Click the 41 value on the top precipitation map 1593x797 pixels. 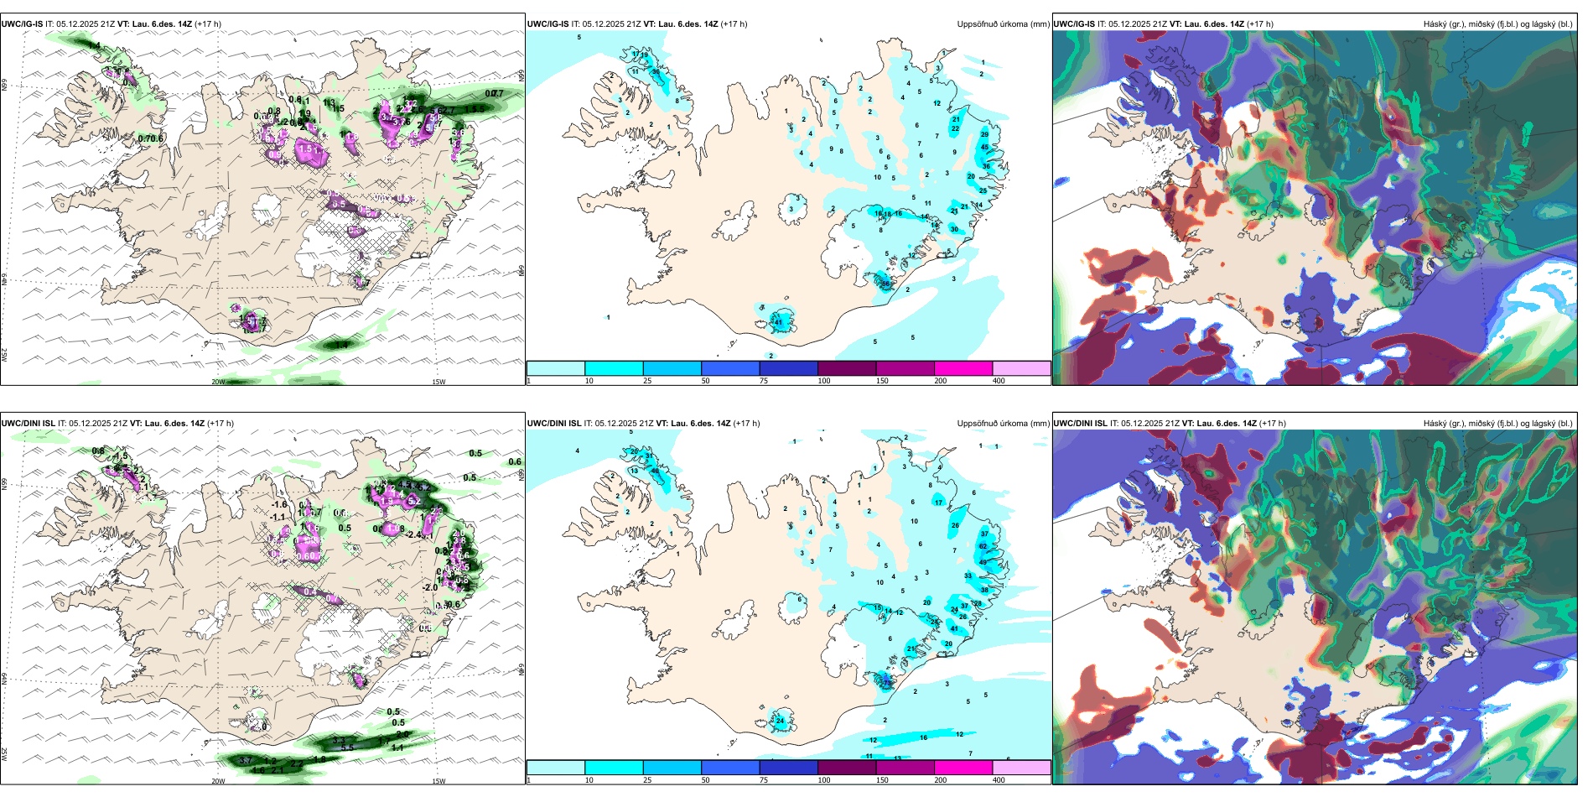click(778, 322)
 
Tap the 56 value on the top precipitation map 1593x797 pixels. click(885, 284)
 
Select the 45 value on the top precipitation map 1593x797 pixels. click(985, 147)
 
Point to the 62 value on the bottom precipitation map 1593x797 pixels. click(983, 546)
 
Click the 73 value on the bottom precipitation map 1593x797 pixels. click(887, 683)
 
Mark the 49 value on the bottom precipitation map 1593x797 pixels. click(983, 562)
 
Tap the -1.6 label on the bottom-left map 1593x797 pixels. click(279, 505)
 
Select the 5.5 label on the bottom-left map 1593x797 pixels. click(347, 748)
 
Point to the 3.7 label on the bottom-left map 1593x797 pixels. click(246, 760)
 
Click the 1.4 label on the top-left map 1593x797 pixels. click(341, 345)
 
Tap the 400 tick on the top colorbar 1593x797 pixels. click(999, 381)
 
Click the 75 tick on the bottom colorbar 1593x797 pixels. click(764, 780)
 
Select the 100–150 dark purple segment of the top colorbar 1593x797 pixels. click(847, 368)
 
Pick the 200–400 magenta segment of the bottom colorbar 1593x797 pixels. click(963, 768)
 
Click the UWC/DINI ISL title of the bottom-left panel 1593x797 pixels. click(28, 424)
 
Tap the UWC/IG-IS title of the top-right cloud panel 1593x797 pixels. click(1074, 24)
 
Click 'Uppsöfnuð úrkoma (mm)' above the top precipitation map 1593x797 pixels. click(1003, 24)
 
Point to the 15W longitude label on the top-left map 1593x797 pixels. click(438, 382)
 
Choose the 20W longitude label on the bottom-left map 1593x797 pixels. click(218, 781)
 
